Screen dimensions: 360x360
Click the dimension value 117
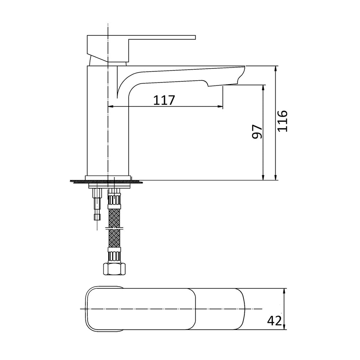click(164, 100)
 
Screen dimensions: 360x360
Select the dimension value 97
click(257, 132)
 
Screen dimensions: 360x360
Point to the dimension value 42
click(274, 320)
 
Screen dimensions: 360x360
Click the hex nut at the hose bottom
click(114, 269)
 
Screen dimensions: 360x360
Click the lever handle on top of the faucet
click(160, 37)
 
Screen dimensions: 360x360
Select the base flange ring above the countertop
click(107, 178)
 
